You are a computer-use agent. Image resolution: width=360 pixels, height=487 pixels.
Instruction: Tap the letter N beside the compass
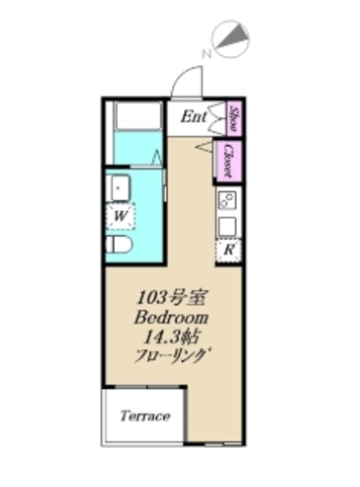pyautogui.click(x=205, y=54)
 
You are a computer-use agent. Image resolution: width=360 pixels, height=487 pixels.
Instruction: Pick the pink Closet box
pyautogui.click(x=226, y=161)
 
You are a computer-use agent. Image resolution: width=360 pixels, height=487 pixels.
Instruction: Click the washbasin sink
pyautogui.click(x=119, y=186)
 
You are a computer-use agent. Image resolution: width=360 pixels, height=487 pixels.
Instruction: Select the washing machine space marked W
pyautogui.click(x=120, y=216)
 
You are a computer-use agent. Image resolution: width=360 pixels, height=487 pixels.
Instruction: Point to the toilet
pyautogui.click(x=119, y=245)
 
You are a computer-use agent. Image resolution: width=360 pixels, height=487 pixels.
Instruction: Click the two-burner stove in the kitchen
pyautogui.click(x=228, y=202)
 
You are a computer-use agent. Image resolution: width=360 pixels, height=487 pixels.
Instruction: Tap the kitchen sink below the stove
pyautogui.click(x=228, y=226)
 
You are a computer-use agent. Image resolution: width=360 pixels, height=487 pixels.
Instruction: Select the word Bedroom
pyautogui.click(x=171, y=317)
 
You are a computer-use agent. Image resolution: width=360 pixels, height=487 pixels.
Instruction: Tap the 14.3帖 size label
pyautogui.click(x=169, y=336)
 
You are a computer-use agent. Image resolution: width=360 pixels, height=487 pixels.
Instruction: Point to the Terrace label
pyautogui.click(x=145, y=417)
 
